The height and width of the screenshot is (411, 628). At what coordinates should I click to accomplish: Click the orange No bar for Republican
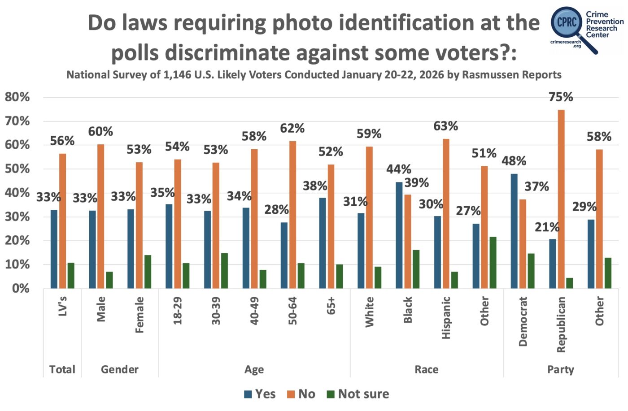561,199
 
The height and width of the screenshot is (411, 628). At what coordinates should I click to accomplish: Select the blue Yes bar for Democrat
514,231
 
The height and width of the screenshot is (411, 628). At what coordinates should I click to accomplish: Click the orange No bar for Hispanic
446,214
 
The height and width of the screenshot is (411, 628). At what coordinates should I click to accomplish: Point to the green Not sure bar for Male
109,280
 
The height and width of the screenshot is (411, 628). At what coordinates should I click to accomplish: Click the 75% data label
561,97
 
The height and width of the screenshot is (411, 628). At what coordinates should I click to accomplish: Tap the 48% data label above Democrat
514,161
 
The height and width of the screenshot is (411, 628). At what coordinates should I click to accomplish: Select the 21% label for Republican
547,227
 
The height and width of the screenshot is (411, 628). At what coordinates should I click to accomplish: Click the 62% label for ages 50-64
292,129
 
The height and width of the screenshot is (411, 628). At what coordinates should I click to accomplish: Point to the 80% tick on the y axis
17,97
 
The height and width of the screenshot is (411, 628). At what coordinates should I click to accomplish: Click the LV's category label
63,306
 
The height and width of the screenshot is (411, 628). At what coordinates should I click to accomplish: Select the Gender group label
120,369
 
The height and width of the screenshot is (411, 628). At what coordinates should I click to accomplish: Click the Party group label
561,369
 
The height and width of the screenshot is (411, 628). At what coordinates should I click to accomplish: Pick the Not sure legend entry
358,394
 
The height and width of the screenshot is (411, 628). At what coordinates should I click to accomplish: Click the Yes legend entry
260,394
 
